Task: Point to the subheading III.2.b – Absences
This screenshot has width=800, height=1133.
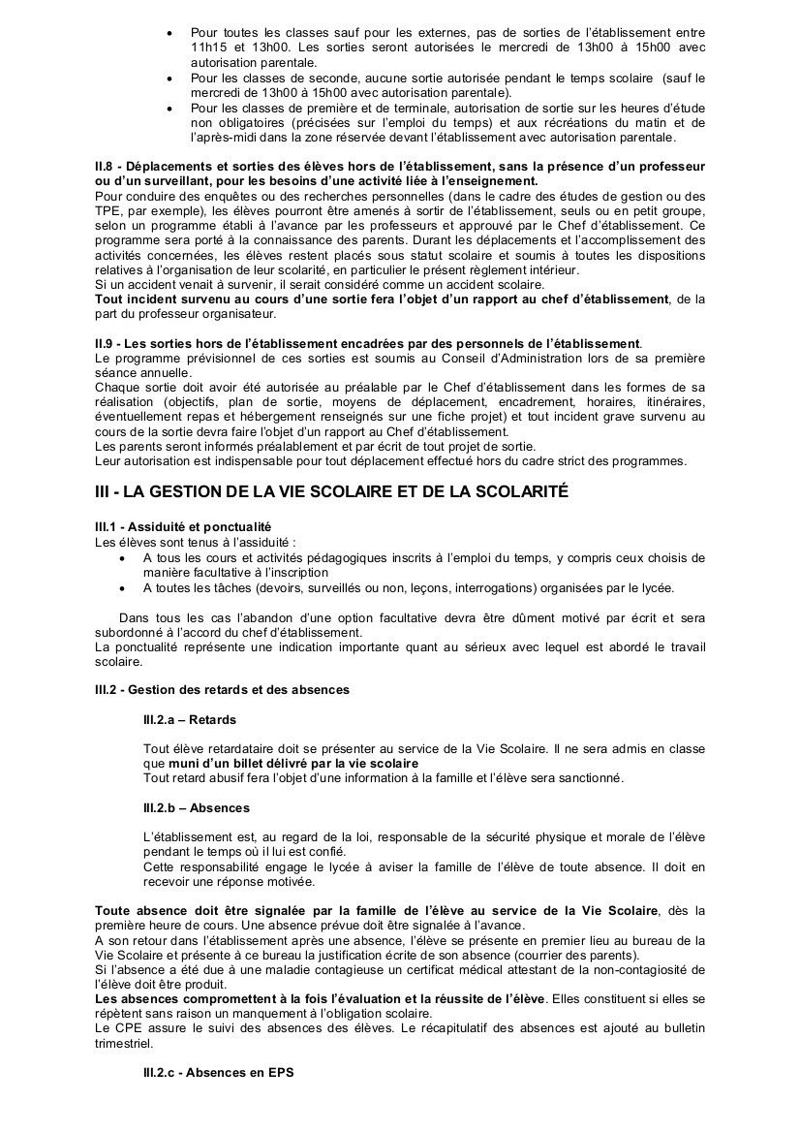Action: point(196,807)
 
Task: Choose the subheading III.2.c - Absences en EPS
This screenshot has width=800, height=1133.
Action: point(218,1073)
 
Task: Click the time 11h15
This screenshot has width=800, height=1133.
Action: point(206,47)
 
